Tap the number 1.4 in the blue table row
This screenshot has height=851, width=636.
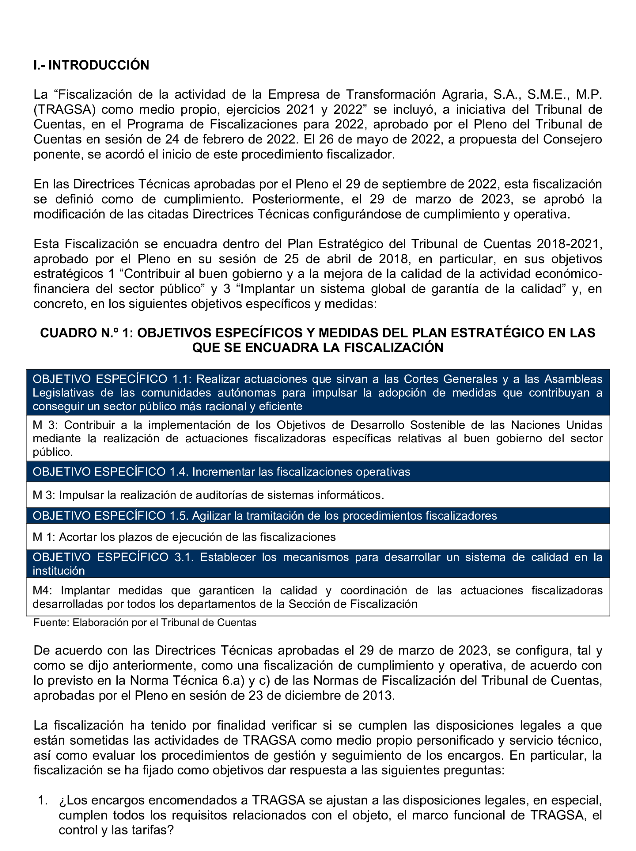[179, 472]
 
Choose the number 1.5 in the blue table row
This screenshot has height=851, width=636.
[179, 516]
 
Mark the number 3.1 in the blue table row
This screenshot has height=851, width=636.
[184, 557]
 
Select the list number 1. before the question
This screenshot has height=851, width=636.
[43, 801]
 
